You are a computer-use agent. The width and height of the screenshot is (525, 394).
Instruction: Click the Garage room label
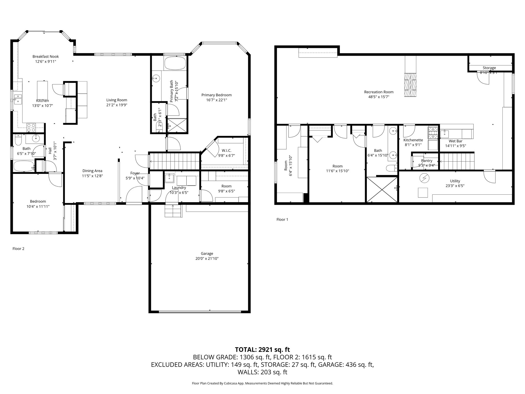click(207, 253)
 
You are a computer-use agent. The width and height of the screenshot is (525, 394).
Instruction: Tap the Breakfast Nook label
click(46, 56)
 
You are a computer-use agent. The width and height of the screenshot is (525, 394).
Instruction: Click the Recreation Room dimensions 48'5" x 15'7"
click(379, 97)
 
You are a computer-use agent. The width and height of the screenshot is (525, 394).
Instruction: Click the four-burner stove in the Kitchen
click(32, 127)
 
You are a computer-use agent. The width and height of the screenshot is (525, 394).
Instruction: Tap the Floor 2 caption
click(18, 249)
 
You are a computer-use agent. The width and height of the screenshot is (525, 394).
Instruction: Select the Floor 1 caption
click(282, 219)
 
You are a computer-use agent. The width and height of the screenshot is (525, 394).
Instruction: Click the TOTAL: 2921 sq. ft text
click(262, 349)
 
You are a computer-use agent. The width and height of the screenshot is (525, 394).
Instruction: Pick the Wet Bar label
click(455, 141)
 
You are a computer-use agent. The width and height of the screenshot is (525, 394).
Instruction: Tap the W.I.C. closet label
click(226, 151)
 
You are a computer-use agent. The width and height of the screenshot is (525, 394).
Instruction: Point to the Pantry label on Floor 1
click(427, 161)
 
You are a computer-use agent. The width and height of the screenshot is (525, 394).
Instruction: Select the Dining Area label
click(92, 171)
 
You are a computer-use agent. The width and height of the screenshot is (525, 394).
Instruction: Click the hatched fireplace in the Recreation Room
click(410, 85)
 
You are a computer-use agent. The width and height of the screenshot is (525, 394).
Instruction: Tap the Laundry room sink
click(169, 177)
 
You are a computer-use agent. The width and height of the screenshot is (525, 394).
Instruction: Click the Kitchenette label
click(413, 140)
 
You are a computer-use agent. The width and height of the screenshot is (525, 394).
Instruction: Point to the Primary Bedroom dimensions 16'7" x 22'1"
click(216, 100)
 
